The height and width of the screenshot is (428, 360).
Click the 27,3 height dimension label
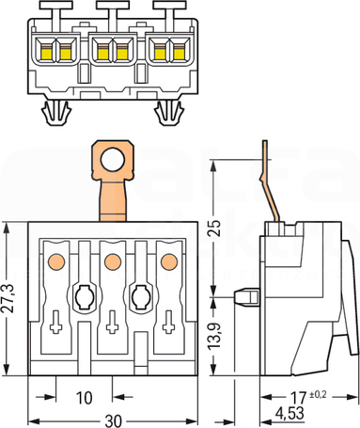(8, 298)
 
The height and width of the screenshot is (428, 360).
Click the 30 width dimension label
(113, 421)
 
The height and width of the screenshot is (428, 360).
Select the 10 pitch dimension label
(85, 398)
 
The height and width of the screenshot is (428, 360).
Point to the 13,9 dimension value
(215, 335)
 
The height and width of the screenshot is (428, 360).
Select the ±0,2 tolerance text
(318, 394)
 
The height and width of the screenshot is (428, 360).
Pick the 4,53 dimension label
(290, 413)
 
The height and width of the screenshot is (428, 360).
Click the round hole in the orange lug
(113, 160)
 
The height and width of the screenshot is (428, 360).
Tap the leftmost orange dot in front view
(56, 262)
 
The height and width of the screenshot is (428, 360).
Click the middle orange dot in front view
(113, 262)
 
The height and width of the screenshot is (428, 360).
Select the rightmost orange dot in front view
(169, 262)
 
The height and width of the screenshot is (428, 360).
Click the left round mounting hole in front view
(84, 297)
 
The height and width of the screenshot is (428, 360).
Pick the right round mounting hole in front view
(141, 297)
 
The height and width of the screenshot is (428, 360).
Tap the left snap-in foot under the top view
(56, 113)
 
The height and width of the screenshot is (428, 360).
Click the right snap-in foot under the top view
(169, 113)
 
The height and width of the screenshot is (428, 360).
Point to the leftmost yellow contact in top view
(46, 52)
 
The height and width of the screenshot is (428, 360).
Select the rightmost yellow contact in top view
(179, 52)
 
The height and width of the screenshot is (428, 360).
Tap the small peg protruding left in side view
(247, 297)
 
